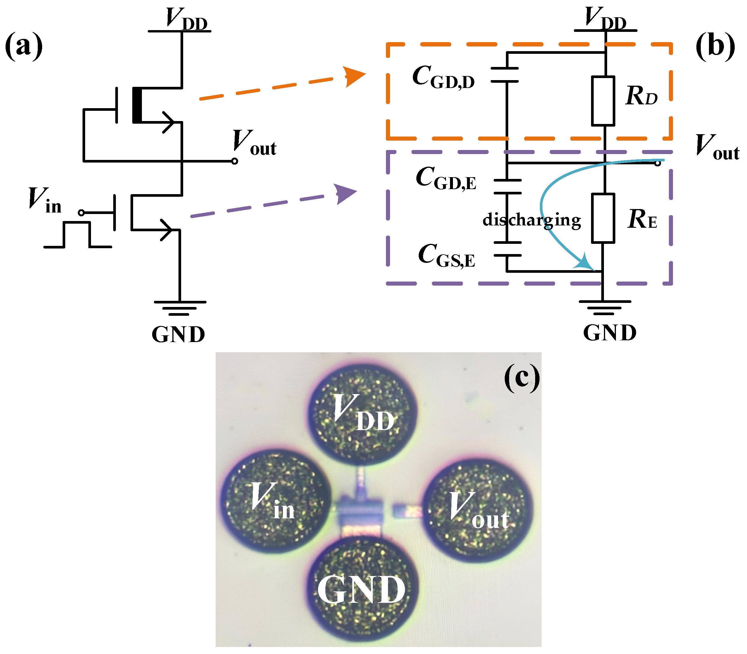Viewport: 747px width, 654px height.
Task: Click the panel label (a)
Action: click(x=24, y=46)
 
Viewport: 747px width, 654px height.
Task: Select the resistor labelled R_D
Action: click(x=603, y=101)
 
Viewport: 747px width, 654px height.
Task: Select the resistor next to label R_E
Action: click(x=603, y=218)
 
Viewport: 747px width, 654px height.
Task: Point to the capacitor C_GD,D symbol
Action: click(x=504, y=75)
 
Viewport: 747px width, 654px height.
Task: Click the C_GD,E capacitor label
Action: click(x=446, y=178)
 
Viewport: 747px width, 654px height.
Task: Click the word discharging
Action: click(x=531, y=220)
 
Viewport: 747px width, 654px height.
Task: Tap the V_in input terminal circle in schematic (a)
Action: click(x=81, y=213)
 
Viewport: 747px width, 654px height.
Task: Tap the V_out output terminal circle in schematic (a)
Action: click(x=235, y=161)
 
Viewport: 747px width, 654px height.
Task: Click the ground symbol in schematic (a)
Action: click(x=180, y=308)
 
